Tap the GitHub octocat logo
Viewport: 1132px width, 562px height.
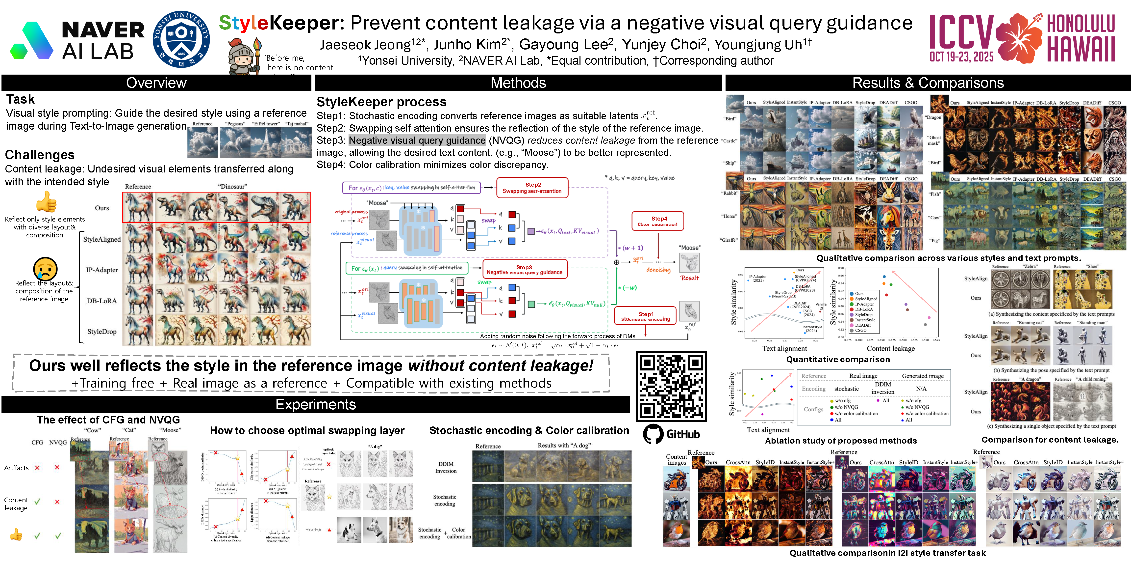(x=653, y=434)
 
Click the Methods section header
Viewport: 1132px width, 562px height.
(x=518, y=83)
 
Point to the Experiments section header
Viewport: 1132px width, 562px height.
(x=316, y=404)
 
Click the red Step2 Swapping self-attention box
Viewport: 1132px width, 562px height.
(x=532, y=188)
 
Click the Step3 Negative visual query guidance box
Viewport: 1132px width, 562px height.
(x=524, y=269)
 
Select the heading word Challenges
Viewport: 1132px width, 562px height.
(x=40, y=155)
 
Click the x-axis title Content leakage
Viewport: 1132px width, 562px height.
(x=890, y=348)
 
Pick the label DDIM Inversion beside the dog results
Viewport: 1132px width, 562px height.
(x=446, y=467)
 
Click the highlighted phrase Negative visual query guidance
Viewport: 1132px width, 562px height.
(x=417, y=140)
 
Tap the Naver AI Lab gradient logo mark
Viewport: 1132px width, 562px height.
(x=32, y=40)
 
